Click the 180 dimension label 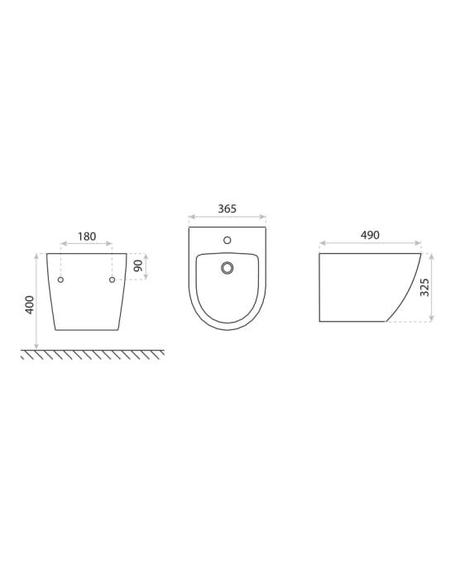tap(86, 237)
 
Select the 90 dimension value tap(137, 267)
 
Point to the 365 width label tap(227, 209)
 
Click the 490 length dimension tap(369, 235)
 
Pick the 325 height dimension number tap(424, 287)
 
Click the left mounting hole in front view tap(60, 280)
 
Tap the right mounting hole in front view tap(112, 280)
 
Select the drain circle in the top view tap(227, 267)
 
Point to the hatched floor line tap(91, 353)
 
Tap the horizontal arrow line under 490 tap(369, 245)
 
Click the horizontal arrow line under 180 tap(86, 245)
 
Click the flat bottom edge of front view tap(86, 329)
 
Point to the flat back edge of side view tap(319, 287)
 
